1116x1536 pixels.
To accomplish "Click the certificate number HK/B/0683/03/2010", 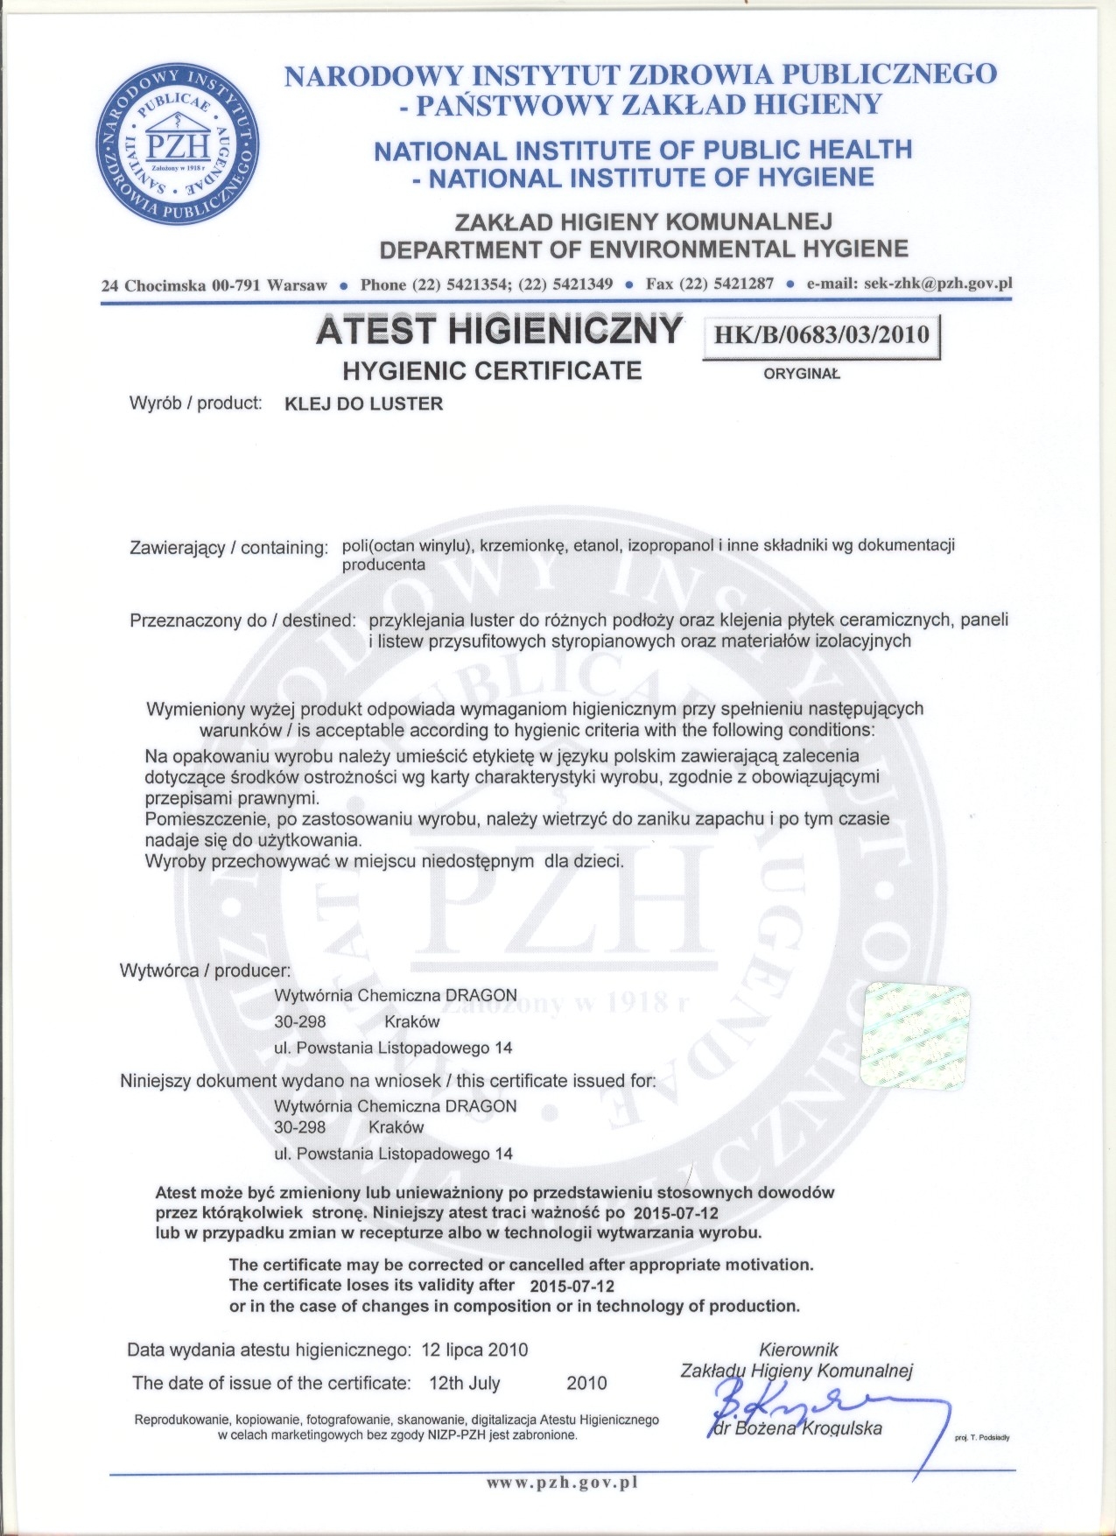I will [x=821, y=334].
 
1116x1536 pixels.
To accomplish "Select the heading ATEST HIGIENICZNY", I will [x=499, y=332].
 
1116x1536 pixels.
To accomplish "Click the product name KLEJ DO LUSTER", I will [x=365, y=404].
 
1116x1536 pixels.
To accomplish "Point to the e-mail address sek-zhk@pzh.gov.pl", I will [x=938, y=284].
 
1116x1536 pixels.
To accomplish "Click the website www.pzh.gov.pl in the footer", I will [x=561, y=1483].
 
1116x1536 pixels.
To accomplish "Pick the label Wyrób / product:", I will [x=196, y=403].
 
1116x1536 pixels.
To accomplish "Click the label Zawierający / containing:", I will [x=228, y=548].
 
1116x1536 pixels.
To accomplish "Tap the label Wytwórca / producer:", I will [x=205, y=971].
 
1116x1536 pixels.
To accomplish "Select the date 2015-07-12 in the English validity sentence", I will [x=572, y=1287].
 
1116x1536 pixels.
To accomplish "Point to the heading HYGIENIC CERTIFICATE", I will [x=492, y=371].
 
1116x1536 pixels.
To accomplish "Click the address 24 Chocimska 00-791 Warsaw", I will [x=214, y=285].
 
